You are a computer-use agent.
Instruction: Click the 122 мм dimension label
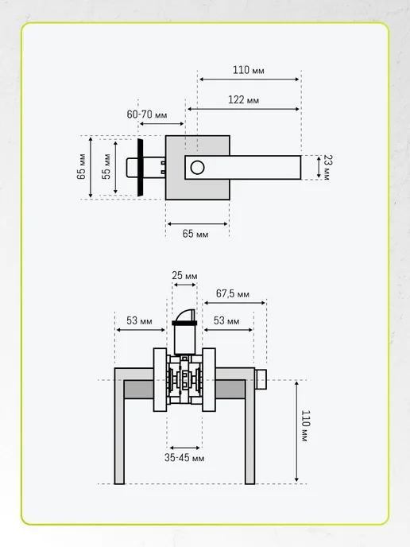243,100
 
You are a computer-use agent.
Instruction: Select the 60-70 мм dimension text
147,114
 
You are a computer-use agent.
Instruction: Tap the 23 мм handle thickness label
328,168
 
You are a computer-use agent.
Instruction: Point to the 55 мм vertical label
106,166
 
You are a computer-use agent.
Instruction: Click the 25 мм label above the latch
184,276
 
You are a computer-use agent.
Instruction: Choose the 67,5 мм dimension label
233,293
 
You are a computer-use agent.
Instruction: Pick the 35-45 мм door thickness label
184,458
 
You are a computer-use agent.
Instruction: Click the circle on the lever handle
197,168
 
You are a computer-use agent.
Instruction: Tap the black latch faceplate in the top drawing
140,167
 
